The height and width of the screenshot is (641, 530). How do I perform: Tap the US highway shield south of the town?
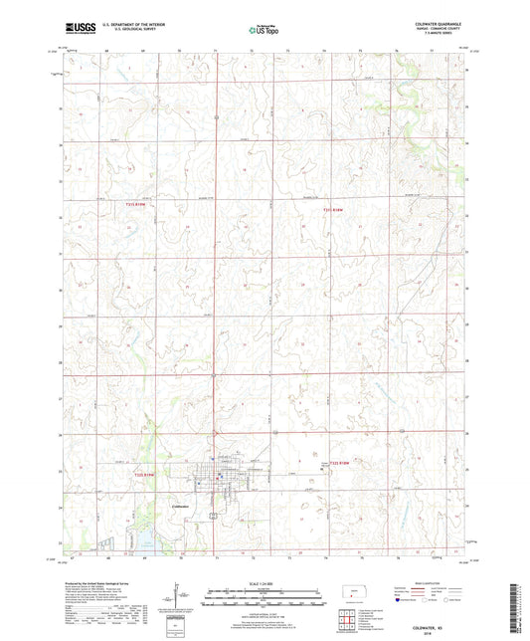(x=212, y=516)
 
